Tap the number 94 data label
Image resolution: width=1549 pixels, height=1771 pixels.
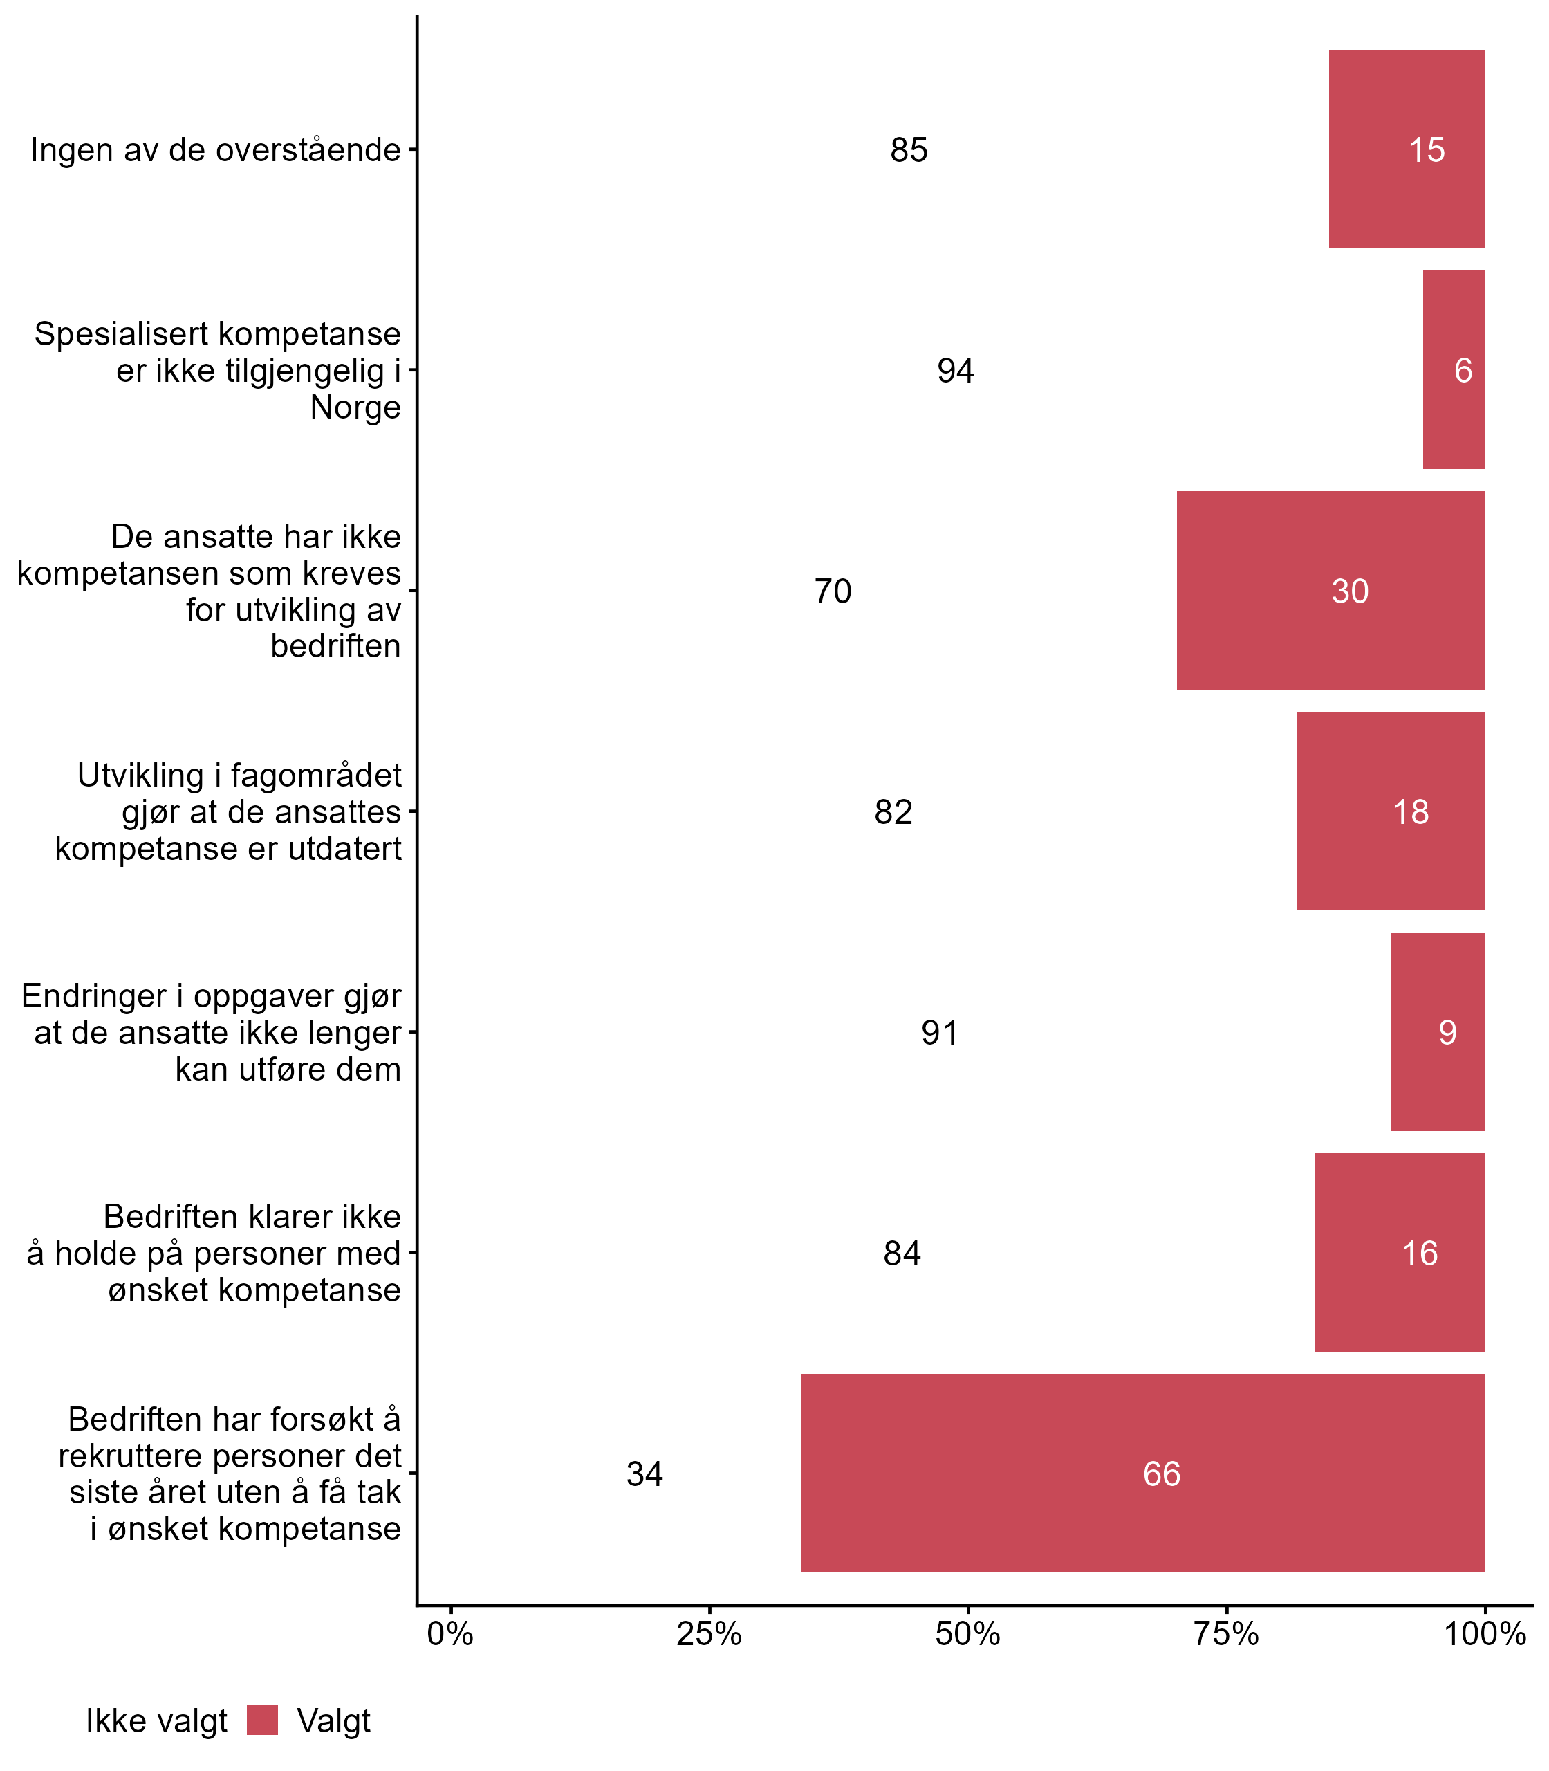coord(955,371)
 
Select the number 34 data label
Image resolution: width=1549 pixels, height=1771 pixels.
coord(644,1474)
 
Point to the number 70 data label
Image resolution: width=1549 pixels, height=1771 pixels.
coord(833,591)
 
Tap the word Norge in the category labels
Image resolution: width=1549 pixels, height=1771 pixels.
coord(355,407)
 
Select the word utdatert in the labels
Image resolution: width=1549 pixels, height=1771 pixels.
coord(345,848)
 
